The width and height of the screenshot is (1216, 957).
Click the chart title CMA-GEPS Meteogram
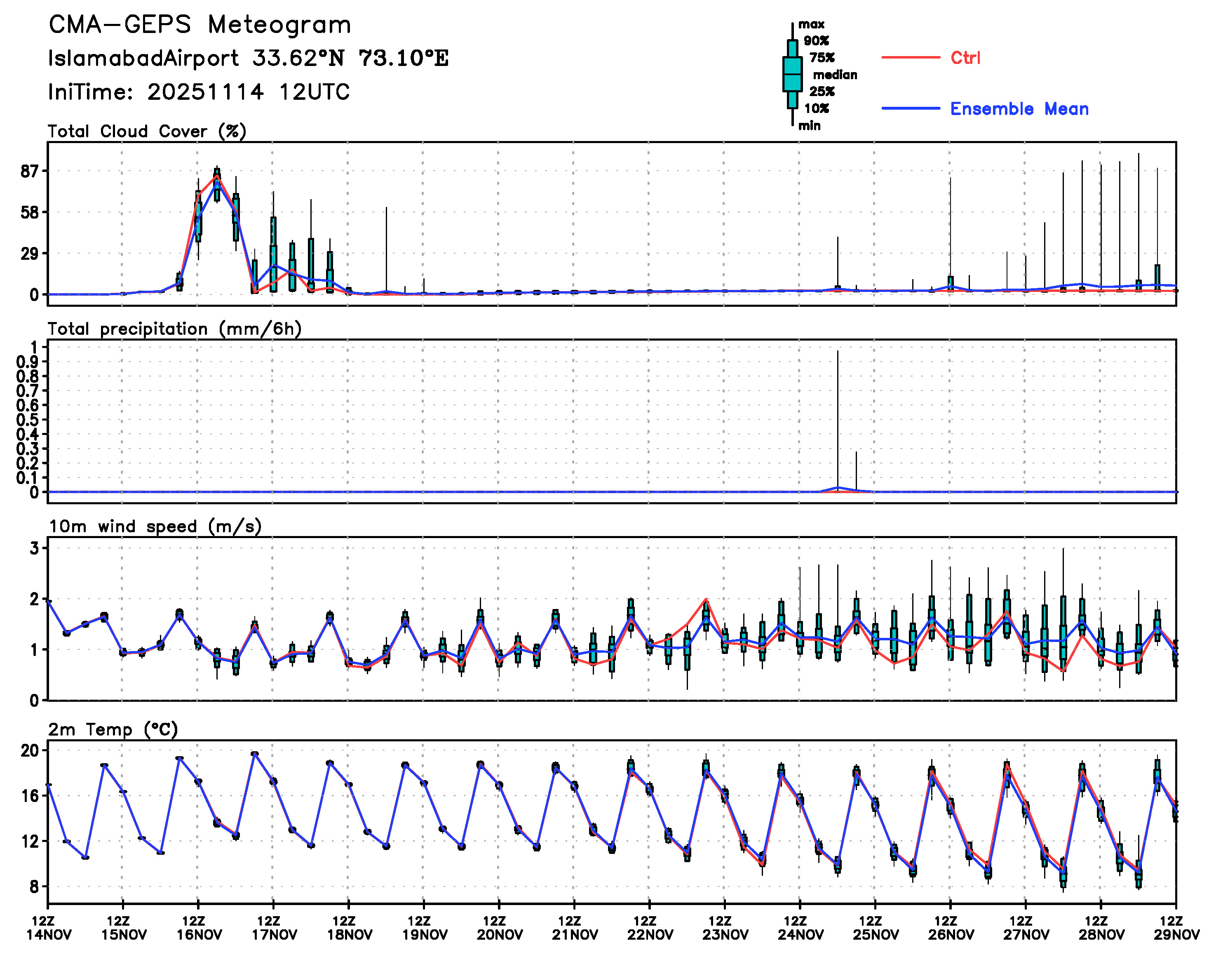coord(200,25)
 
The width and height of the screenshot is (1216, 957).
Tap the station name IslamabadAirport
coord(143,58)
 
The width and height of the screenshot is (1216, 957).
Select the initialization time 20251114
coord(205,92)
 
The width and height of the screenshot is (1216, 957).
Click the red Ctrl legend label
coord(965,58)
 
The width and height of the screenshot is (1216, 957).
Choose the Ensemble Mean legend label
coord(1019,109)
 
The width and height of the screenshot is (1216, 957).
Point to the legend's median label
coord(835,75)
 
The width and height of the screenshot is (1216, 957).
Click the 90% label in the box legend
coord(816,41)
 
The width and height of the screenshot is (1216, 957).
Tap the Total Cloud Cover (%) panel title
coord(147,131)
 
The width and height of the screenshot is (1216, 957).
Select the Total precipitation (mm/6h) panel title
coord(174,329)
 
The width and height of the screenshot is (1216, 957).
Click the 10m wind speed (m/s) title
coord(155,527)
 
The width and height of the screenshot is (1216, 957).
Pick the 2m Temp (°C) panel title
coord(113,729)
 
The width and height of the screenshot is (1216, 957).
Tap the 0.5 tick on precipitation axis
coord(27,420)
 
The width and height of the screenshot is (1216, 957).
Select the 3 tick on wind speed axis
coord(34,548)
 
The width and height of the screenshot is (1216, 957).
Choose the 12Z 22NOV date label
coord(649,928)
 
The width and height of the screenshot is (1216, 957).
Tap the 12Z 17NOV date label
coord(273,928)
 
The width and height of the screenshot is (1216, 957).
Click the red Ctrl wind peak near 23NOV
coord(706,599)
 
